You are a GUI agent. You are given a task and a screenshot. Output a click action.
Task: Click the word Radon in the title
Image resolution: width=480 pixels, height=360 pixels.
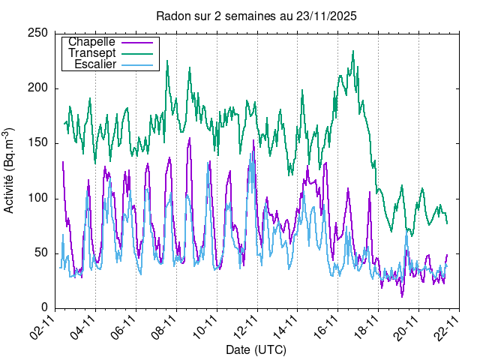(172, 15)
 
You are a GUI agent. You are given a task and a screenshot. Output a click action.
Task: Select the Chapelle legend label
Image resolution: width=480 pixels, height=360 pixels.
(91, 42)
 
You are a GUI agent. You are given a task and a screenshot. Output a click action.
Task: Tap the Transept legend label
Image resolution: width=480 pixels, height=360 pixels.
(91, 53)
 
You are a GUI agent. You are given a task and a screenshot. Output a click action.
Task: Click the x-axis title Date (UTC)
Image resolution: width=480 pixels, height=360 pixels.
(256, 350)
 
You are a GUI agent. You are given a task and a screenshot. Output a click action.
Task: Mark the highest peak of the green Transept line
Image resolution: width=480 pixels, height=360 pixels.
(353, 52)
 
